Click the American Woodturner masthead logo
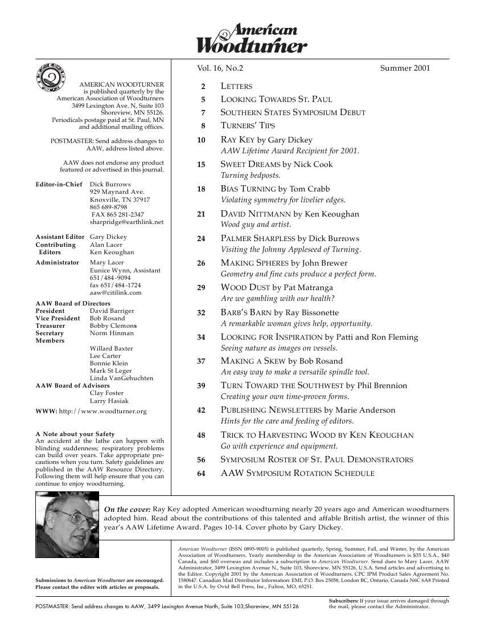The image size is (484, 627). pos(252,39)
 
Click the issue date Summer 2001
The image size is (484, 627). pos(405,68)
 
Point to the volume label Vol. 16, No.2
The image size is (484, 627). pos(220,68)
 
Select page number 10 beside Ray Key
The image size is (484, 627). pos(200,140)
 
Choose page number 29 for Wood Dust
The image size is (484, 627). pos(200,288)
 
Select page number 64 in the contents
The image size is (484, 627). pos(200,473)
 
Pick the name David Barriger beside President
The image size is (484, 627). pos(112,311)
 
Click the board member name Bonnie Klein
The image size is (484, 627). pos(109,363)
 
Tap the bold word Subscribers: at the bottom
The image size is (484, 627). pos(344,601)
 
